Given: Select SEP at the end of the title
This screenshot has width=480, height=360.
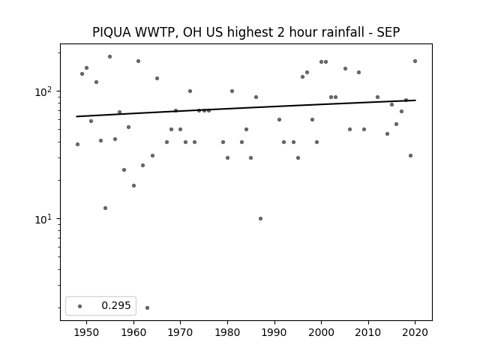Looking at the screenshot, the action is click(x=388, y=32).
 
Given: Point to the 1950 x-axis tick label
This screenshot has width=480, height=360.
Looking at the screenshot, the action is click(x=87, y=332).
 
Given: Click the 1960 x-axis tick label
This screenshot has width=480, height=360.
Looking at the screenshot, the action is click(x=133, y=332).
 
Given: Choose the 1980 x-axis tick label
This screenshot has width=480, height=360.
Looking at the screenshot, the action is click(x=227, y=332).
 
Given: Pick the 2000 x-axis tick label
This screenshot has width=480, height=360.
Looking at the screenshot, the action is click(x=322, y=332).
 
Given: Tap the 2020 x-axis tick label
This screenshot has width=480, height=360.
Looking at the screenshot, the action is click(x=415, y=332).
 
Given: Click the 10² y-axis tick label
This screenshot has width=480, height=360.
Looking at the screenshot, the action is click(x=45, y=91).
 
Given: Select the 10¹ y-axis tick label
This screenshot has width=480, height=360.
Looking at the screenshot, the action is click(x=45, y=218).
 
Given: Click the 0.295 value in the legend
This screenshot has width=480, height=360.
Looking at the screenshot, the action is click(x=116, y=305).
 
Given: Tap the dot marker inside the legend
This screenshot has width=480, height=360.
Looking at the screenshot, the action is click(x=79, y=306).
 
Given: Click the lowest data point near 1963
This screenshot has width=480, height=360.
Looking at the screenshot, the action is click(x=147, y=307).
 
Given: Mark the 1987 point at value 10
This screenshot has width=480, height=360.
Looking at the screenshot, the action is click(x=260, y=218).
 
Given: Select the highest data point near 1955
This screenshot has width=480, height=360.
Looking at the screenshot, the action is click(x=110, y=57).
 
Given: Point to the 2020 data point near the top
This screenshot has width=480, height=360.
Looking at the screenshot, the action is click(x=415, y=61).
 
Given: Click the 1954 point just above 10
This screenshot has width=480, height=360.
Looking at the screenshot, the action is click(x=105, y=208).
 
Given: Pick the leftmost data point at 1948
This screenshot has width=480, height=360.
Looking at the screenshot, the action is click(x=77, y=144).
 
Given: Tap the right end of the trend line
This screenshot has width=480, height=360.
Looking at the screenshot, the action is click(x=415, y=100).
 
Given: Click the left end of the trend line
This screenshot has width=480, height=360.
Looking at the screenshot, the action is click(x=76, y=116).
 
